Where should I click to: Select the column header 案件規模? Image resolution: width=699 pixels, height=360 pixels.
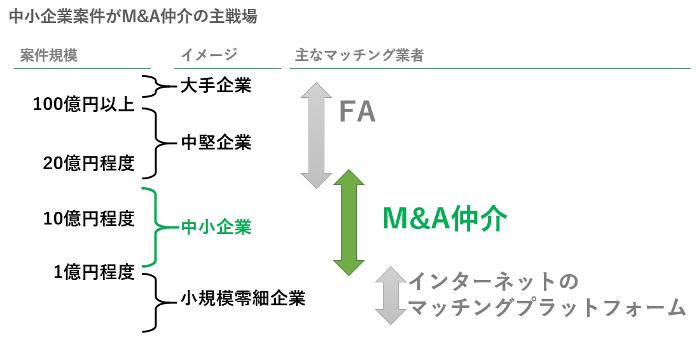(48, 55)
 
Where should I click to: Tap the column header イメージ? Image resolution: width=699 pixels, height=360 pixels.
(209, 55)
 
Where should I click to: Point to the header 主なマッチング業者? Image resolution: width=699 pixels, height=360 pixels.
(359, 55)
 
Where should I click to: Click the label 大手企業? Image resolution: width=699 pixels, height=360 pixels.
(216, 85)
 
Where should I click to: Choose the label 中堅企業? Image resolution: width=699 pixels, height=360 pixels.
(216, 142)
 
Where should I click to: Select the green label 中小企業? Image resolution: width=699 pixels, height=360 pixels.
(216, 226)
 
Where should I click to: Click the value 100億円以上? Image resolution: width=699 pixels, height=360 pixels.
(83, 104)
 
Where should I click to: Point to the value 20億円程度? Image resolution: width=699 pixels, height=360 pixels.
(88, 163)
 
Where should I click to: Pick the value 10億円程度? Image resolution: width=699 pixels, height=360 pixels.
(88, 219)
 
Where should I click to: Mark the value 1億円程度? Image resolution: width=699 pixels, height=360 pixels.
(93, 273)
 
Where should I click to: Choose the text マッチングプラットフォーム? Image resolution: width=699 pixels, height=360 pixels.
(546, 308)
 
